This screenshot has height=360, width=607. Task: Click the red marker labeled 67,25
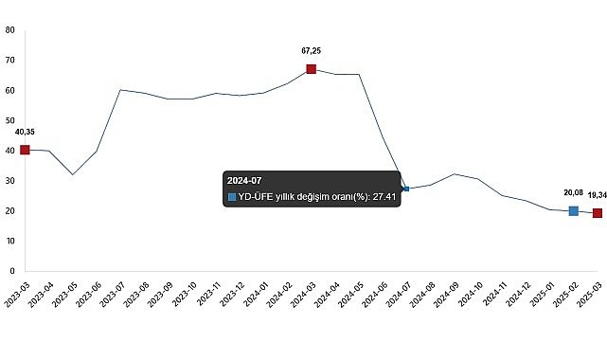pos(311,69)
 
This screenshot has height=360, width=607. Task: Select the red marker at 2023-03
pos(25,150)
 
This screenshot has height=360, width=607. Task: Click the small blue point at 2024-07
pos(406,189)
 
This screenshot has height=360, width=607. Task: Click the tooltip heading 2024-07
pos(243,179)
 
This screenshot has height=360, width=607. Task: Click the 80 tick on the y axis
pos(9,29)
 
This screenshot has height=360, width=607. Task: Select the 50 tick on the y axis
pos(9,120)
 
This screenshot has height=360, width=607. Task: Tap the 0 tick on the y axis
pos(11,271)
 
